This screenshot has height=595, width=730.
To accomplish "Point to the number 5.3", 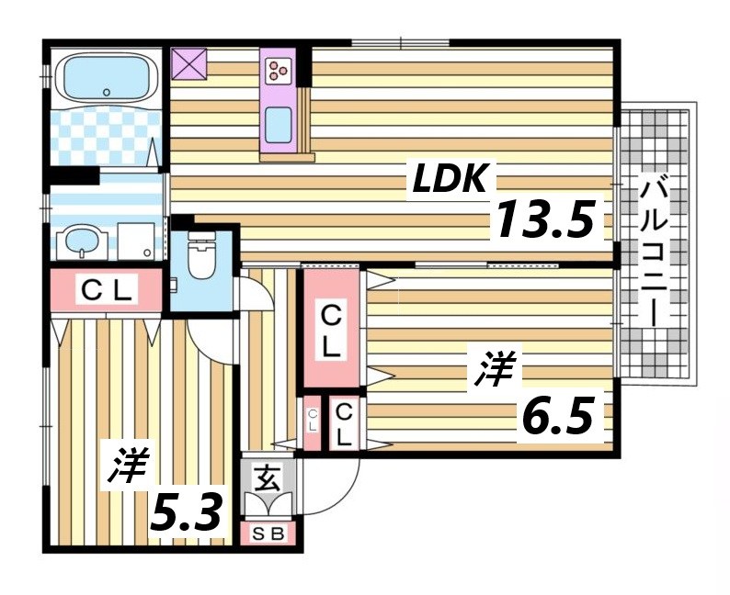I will point(187,515).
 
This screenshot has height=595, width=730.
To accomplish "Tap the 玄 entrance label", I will point(268,477).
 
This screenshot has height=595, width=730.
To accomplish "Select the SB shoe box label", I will point(270,533).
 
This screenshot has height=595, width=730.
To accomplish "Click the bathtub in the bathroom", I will point(104,77).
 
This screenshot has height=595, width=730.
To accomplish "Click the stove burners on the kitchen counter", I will point(278,67).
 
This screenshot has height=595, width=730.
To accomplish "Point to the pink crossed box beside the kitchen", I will point(191,64).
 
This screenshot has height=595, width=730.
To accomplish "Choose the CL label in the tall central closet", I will point(330,331).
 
